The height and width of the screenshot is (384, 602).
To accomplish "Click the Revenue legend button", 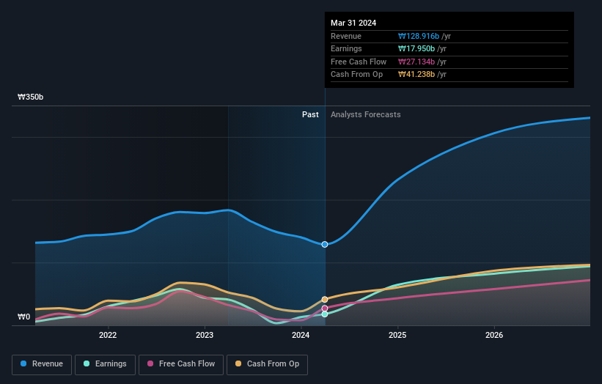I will tap(42, 364).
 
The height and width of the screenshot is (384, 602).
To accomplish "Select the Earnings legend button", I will tap(105, 364).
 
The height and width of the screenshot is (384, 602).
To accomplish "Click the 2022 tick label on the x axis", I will tap(108, 335).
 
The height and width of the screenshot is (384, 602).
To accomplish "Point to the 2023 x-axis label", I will tap(205, 335).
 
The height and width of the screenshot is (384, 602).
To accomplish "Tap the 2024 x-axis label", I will tap(301, 335).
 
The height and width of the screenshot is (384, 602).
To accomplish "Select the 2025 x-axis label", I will tap(397, 335).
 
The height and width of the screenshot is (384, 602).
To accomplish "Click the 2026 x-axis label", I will tap(494, 335).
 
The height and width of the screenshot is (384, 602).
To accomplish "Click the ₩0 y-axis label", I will tap(24, 317).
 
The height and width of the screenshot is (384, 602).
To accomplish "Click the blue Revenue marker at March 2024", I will tap(325, 244).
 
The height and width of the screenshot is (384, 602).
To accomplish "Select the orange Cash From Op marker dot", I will tap(325, 299).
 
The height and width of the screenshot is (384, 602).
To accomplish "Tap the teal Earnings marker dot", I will tap(325, 314).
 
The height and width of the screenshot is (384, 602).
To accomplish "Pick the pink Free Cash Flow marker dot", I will tap(325, 308).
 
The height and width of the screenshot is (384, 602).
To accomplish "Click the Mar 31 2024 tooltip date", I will tap(353, 23).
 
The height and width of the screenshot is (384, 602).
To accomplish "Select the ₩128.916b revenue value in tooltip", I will tap(419, 36).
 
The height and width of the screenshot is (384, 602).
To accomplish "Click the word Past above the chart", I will tap(310, 114).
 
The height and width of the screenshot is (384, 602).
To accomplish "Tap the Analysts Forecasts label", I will tap(365, 114).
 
